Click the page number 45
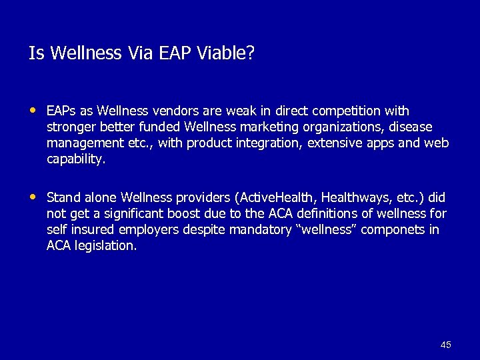pyautogui.click(x=446, y=345)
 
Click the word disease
pyautogui.click(x=411, y=127)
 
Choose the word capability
pyautogui.click(x=75, y=160)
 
